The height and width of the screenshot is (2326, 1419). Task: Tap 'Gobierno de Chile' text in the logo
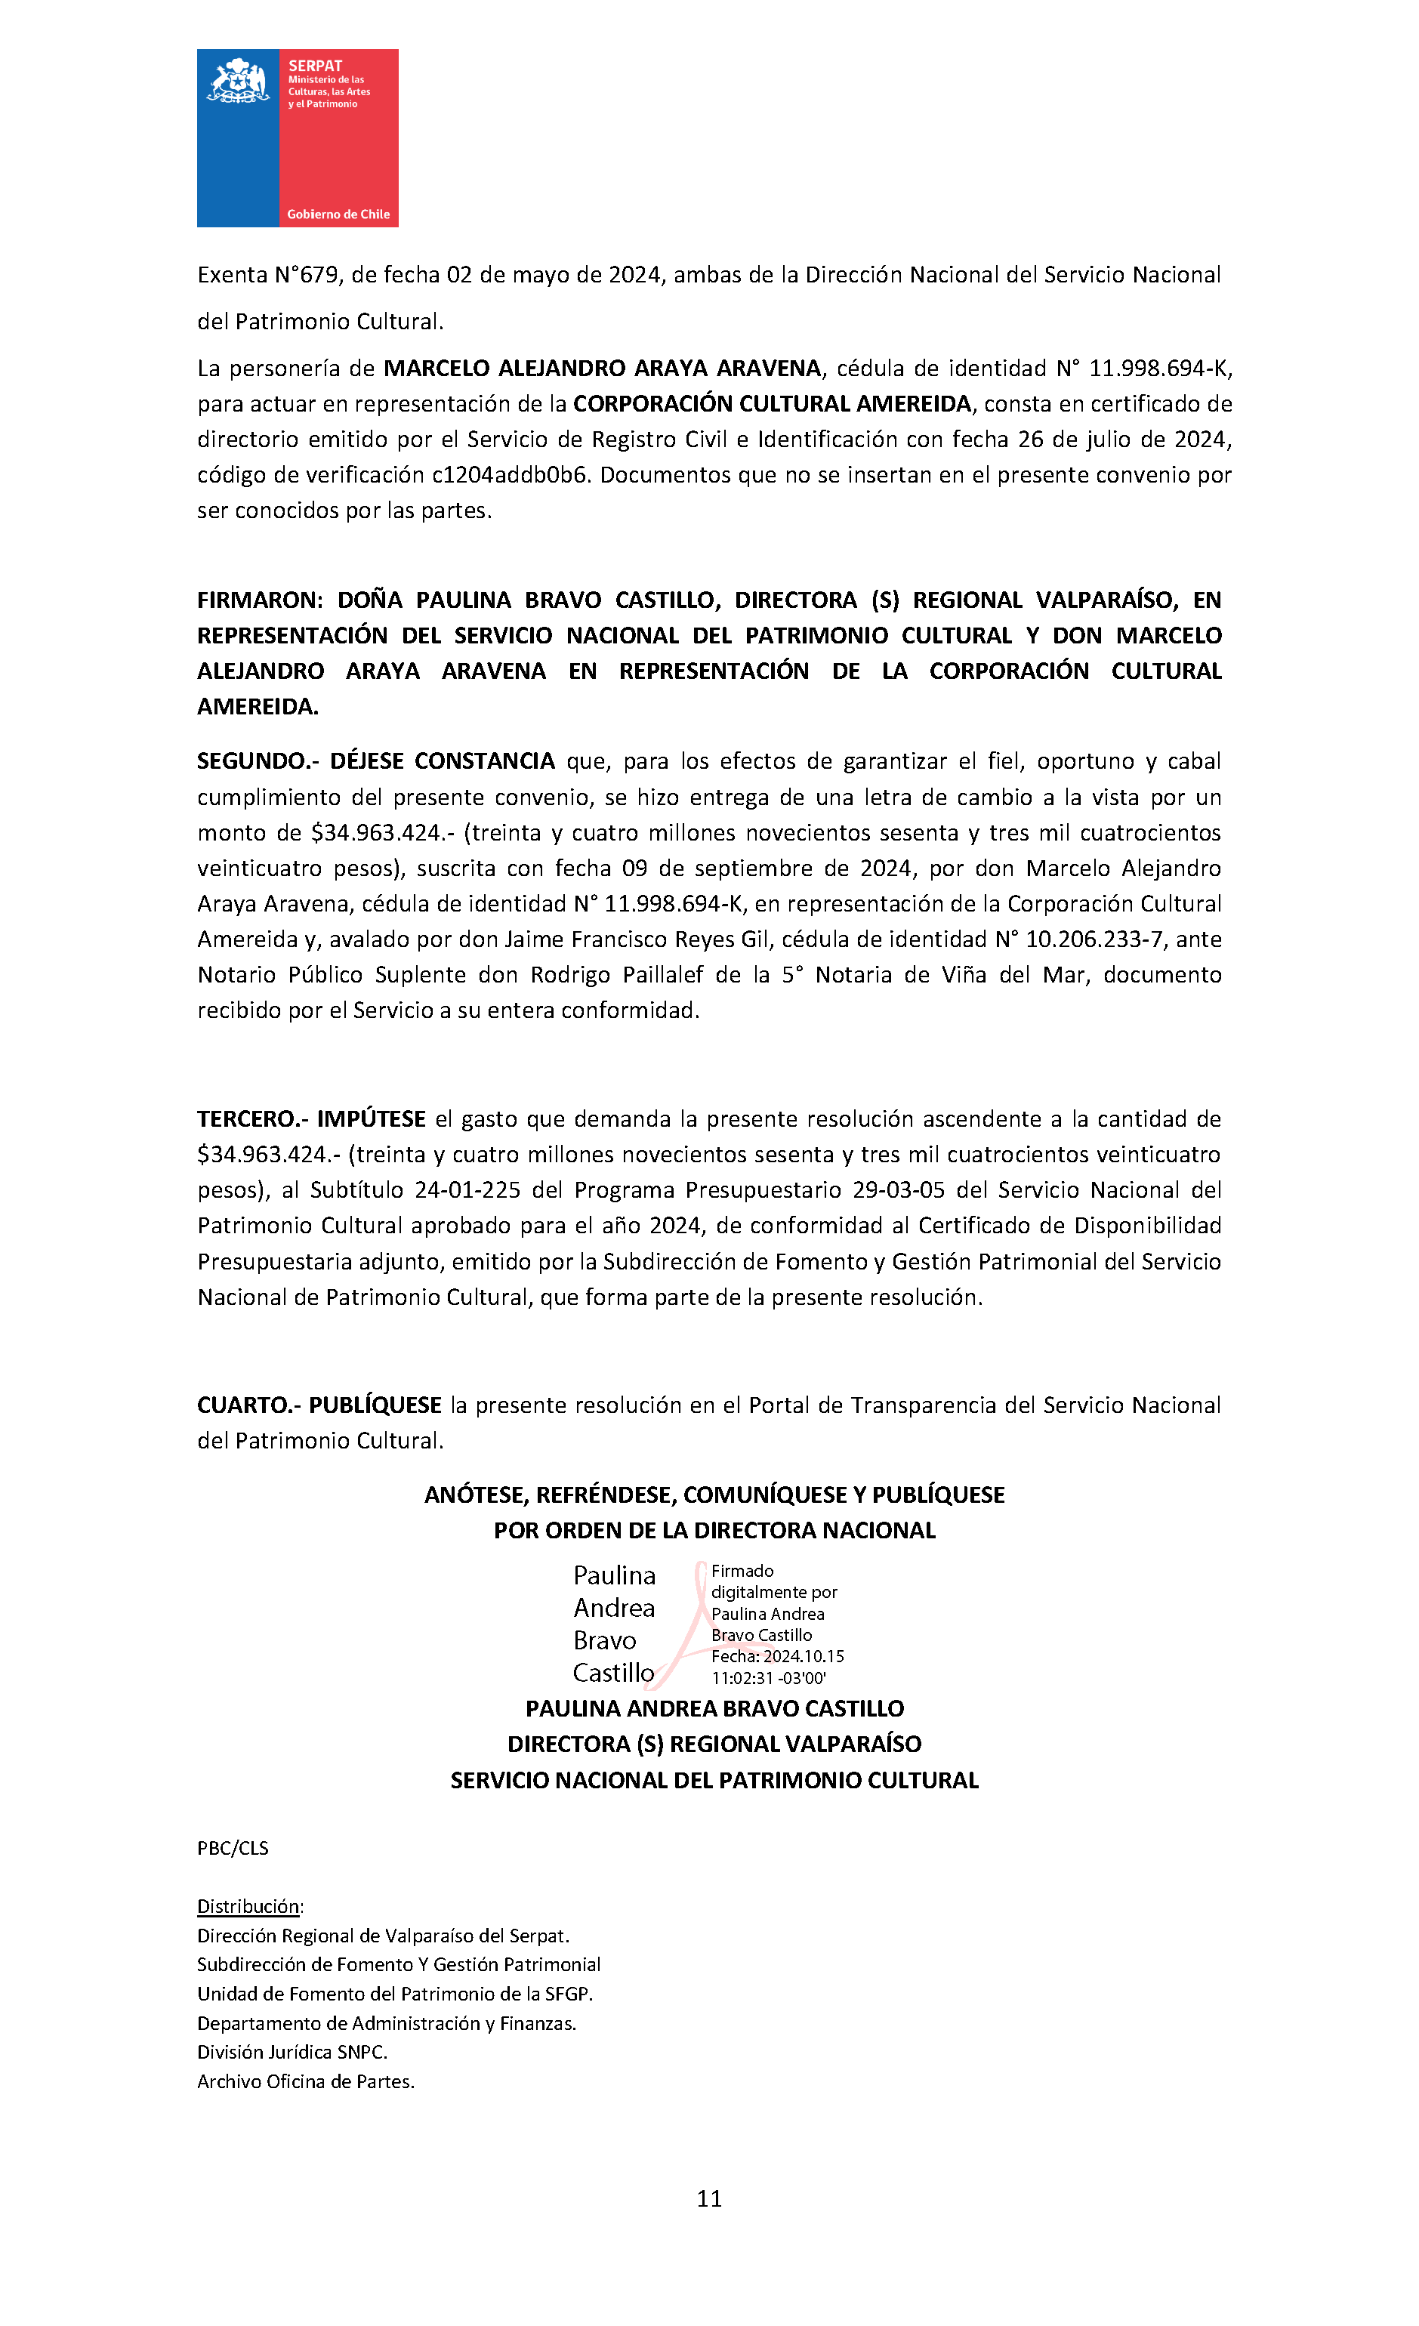tap(338, 214)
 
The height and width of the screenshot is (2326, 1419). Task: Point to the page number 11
tap(709, 2198)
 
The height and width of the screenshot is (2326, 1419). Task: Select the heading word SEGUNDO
tap(248, 761)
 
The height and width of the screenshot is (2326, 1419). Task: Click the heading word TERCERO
tap(248, 1118)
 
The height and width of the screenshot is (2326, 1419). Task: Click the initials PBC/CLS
tap(233, 1847)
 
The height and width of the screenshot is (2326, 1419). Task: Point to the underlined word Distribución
tap(248, 1906)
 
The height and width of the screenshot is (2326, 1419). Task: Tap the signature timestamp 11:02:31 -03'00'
tap(769, 1677)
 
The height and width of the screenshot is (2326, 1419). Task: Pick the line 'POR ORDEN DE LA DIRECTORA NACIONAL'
tap(714, 1530)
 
